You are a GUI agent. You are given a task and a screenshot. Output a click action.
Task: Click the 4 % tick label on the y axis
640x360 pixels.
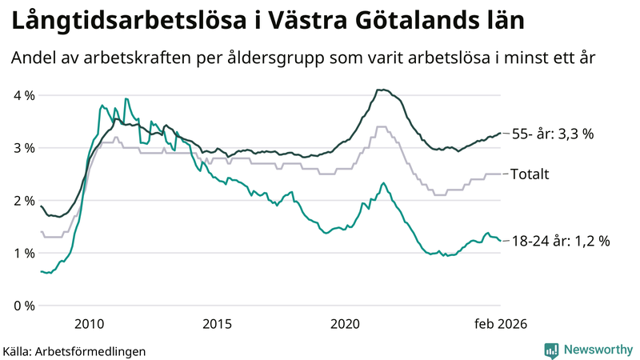tap(24, 95)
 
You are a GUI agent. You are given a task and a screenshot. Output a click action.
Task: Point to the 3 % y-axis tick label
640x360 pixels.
tap(24, 148)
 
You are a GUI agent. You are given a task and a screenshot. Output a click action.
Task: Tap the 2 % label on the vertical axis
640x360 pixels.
tap(24, 201)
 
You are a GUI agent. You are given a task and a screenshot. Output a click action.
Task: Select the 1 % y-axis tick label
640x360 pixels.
tap(24, 254)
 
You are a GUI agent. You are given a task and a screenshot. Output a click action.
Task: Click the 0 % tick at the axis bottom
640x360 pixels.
tap(24, 306)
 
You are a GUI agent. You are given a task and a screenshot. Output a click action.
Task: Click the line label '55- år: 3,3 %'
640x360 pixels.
tap(552, 134)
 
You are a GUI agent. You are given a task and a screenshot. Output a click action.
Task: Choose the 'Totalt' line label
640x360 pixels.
tap(530, 174)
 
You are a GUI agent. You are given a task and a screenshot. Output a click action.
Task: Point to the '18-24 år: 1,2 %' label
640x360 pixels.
tap(560, 241)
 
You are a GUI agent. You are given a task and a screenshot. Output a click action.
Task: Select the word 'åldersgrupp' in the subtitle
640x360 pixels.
tap(276, 59)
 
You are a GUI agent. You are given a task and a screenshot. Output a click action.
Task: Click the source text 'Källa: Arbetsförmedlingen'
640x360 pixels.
tap(74, 350)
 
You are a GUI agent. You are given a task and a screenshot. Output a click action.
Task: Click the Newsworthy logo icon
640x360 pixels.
tap(552, 350)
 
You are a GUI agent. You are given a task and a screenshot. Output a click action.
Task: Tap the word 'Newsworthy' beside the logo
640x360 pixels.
tap(598, 350)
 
